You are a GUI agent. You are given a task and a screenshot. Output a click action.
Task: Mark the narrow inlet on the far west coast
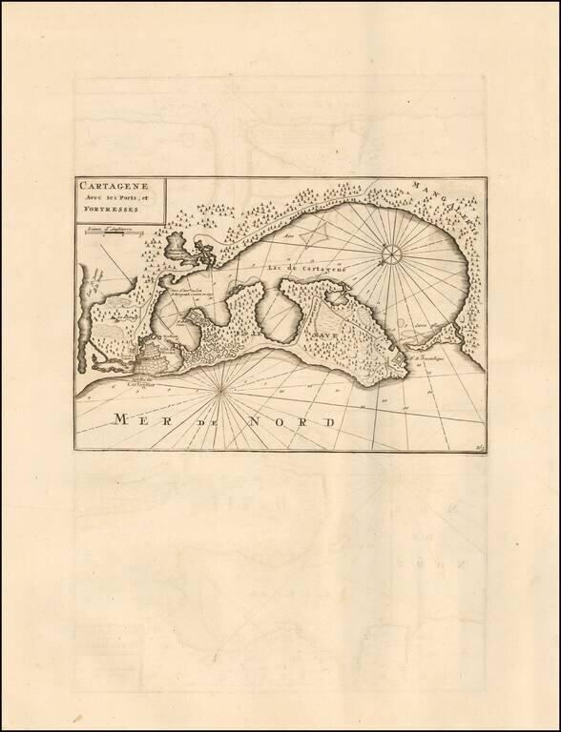92,286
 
